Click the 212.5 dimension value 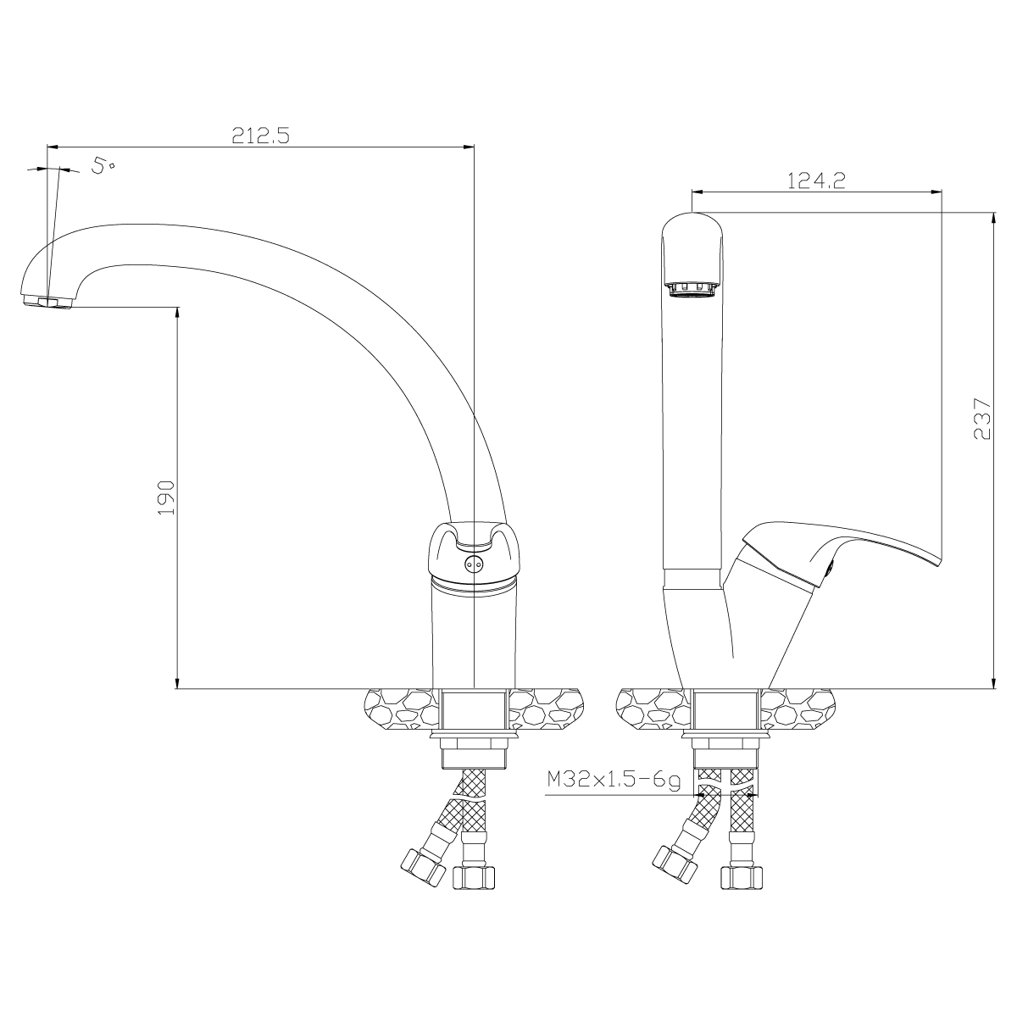[x=261, y=136]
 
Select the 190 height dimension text [x=166, y=497]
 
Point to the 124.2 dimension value [x=816, y=181]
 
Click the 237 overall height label [x=982, y=419]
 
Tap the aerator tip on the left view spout [x=47, y=303]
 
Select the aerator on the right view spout [x=692, y=290]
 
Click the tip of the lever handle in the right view [x=937, y=564]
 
